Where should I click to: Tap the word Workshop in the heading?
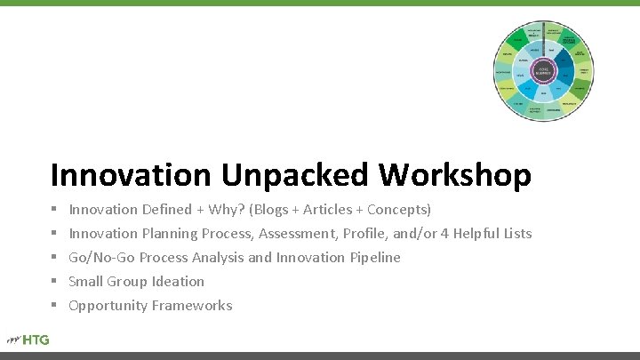coord(455,174)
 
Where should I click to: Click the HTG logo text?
coord(36,339)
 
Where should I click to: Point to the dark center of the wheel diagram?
coord(542,70)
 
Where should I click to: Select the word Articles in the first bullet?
coord(331,210)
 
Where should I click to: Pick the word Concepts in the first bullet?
coord(399,210)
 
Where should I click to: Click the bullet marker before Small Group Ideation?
coord(54,282)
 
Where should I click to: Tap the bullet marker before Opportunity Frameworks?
coord(54,306)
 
